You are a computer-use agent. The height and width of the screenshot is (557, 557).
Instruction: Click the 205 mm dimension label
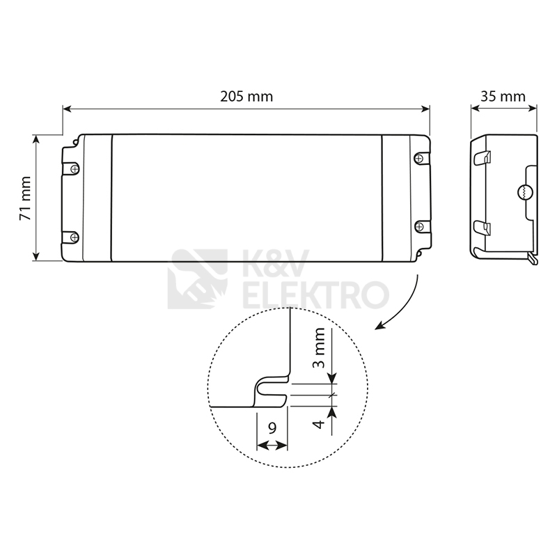pyautogui.click(x=246, y=97)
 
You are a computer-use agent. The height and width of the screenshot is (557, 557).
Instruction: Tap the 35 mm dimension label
pyautogui.click(x=503, y=97)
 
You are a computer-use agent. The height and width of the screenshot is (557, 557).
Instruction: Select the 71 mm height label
pyautogui.click(x=26, y=198)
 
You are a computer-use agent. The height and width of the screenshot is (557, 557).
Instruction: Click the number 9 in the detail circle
pyautogui.click(x=272, y=428)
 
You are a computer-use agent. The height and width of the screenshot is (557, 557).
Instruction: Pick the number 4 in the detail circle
pyautogui.click(x=320, y=424)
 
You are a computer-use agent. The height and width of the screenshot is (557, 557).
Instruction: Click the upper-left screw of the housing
pyautogui.click(x=74, y=168)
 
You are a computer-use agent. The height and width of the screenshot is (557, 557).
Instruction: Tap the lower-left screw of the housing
pyautogui.click(x=74, y=237)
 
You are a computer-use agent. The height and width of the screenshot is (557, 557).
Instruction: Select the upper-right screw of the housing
pyautogui.click(x=419, y=158)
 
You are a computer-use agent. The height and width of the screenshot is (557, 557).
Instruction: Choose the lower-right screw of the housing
pyautogui.click(x=419, y=226)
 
